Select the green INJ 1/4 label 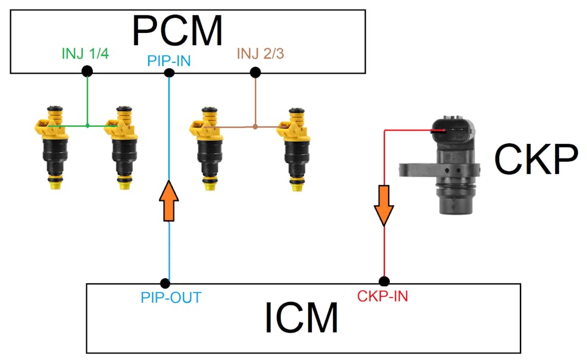85,54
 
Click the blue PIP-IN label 170,62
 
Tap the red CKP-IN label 383,297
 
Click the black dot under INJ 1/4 87,71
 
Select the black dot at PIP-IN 170,73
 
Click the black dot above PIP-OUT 165,283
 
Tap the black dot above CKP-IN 384,282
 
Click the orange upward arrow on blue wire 169,200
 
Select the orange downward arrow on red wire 384,206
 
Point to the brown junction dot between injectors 255,127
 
